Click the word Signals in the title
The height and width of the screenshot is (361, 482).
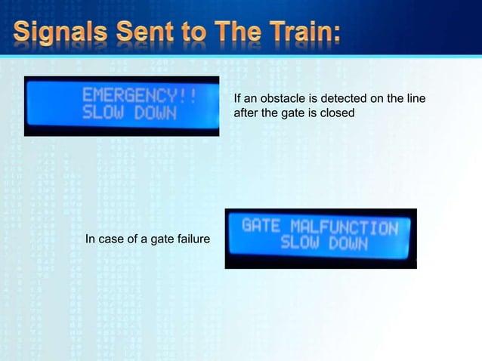(x=60, y=34)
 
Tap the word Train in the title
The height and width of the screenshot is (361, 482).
(x=291, y=34)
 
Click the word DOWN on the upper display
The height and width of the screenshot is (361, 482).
(x=154, y=114)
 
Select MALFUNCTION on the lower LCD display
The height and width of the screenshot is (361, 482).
(x=344, y=227)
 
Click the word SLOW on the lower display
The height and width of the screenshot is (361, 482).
(x=300, y=243)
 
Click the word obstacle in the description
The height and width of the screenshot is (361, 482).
(x=281, y=99)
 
